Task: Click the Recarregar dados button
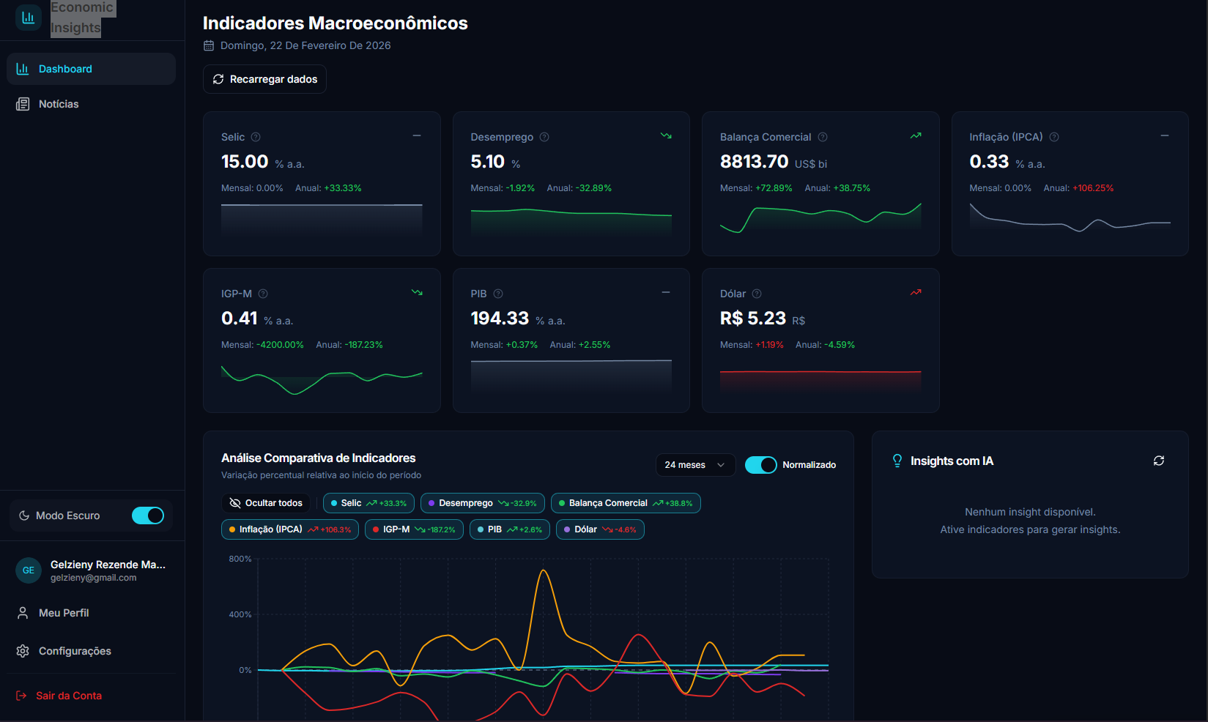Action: (264, 79)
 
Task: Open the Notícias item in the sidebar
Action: (58, 104)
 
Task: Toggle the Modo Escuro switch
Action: (148, 516)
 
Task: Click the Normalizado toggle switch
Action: (760, 465)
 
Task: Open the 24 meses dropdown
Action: (694, 465)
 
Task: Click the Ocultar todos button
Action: (266, 503)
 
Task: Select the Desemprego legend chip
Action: (482, 503)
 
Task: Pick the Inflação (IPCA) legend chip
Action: (289, 529)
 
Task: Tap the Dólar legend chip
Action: (599, 529)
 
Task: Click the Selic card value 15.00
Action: (245, 162)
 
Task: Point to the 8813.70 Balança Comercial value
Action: (754, 162)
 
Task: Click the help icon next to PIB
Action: (498, 294)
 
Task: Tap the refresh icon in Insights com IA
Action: (1158, 461)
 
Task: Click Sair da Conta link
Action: (68, 696)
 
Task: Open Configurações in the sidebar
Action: (74, 651)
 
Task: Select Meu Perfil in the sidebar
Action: (63, 613)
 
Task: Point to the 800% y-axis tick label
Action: (240, 559)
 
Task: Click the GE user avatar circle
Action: (29, 570)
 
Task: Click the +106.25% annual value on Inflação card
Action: (1092, 188)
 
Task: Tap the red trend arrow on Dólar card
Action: (915, 292)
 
